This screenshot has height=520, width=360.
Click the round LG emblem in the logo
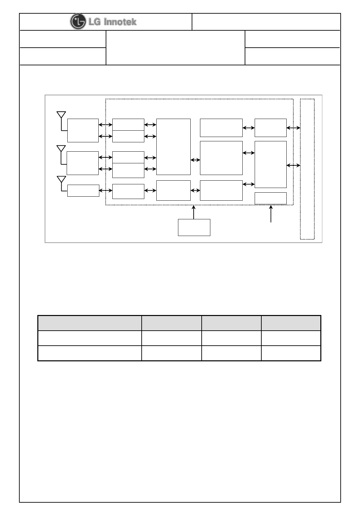[77, 22]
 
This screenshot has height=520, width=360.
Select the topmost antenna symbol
[61, 115]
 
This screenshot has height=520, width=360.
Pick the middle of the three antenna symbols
[61, 149]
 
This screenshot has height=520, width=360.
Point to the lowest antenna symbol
[61, 180]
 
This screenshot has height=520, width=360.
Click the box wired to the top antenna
[83, 130]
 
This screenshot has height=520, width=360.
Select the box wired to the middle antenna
[83, 163]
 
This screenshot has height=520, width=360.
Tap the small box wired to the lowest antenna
[83, 191]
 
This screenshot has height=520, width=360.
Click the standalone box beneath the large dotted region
[194, 227]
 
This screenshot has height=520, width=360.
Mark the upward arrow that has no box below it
[271, 214]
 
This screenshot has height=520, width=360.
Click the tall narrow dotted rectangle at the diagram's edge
[307, 169]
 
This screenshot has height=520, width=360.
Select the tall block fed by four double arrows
[173, 146]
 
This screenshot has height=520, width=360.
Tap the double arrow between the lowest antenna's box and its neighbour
[106, 190]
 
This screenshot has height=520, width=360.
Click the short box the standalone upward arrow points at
[270, 198]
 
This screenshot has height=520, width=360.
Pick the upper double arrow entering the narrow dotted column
[293, 128]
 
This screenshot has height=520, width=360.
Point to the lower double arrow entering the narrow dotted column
[293, 165]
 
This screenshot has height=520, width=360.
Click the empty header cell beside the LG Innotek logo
[266, 22]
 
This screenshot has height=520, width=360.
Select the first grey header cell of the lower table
[89, 323]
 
